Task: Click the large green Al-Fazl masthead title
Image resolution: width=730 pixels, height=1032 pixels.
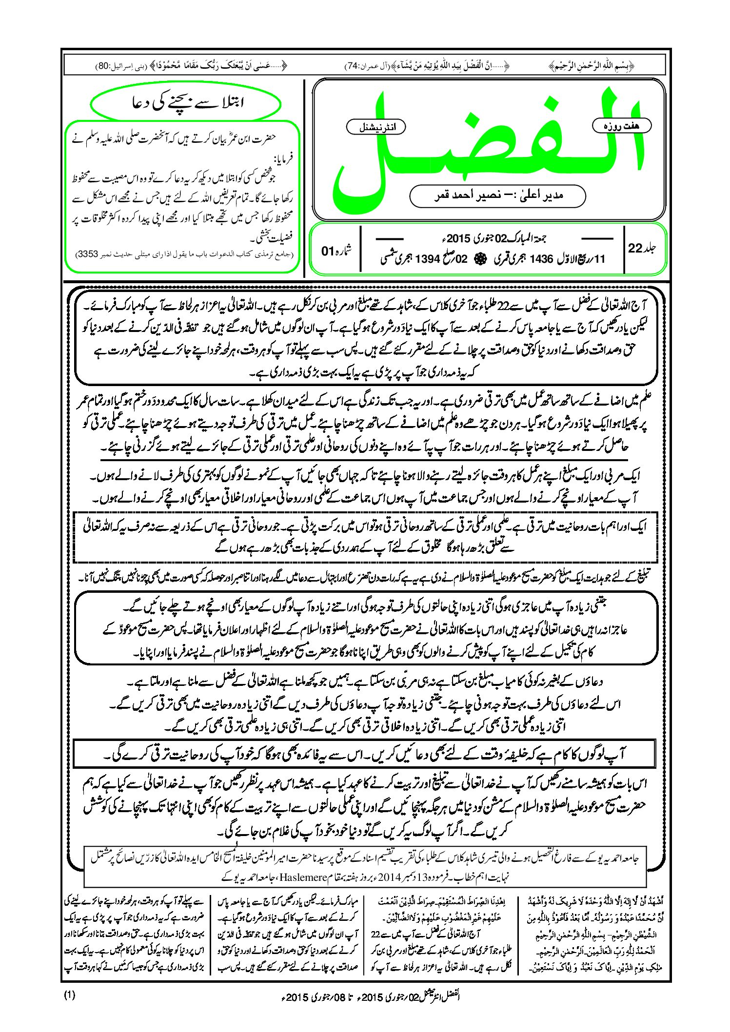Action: coord(488,146)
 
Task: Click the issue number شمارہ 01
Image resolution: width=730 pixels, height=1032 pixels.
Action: coord(336,251)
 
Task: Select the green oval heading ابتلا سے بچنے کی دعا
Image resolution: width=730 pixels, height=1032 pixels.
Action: coord(186,103)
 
